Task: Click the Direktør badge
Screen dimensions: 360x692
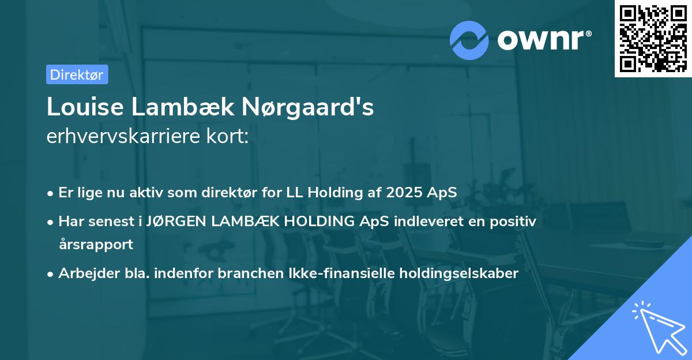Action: tap(77, 74)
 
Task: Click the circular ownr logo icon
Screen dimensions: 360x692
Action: tap(469, 40)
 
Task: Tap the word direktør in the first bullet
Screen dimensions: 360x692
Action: tap(253, 193)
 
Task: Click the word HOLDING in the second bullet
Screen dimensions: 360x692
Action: tap(310, 221)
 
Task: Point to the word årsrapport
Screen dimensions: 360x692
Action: tap(96, 245)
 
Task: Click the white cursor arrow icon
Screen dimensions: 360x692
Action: tap(657, 327)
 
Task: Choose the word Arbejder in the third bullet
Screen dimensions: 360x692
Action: tap(84, 273)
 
